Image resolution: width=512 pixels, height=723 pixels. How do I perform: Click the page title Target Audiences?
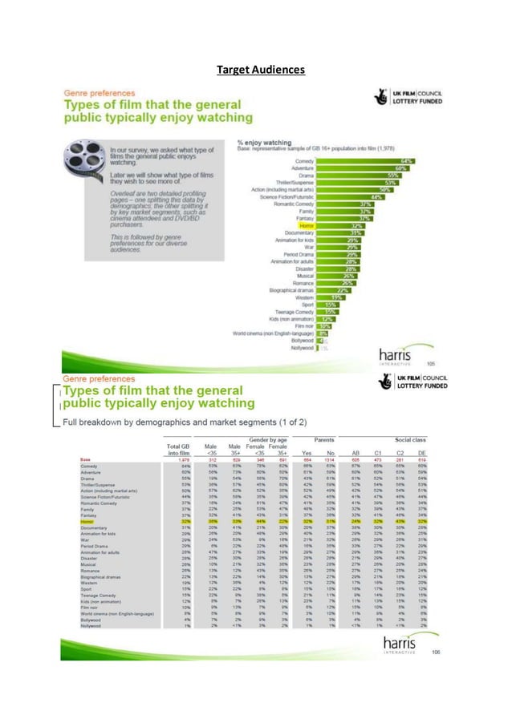(261, 70)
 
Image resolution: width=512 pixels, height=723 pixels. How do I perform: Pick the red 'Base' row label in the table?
(84, 459)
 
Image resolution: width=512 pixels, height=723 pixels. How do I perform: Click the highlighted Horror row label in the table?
(86, 522)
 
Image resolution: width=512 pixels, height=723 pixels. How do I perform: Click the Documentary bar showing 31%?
(337, 233)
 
